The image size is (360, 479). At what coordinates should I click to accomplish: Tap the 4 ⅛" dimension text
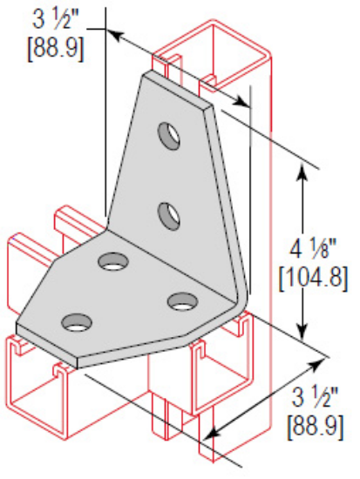(315, 247)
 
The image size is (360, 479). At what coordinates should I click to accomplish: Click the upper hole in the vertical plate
(166, 134)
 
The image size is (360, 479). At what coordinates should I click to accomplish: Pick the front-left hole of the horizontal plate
(74, 323)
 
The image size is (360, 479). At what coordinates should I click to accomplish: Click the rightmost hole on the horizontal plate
(181, 301)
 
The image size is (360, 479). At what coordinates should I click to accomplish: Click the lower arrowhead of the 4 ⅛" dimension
(302, 330)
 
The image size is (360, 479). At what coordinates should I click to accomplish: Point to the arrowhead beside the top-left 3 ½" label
(117, 34)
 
